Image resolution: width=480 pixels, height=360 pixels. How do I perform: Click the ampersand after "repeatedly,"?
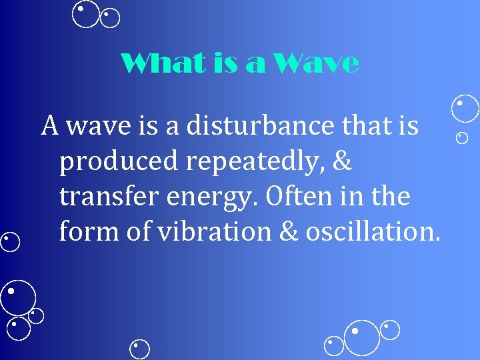[x=343, y=161]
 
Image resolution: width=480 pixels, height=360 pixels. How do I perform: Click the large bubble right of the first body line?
[x=465, y=108]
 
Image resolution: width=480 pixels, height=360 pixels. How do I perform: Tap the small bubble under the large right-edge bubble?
[x=461, y=138]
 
